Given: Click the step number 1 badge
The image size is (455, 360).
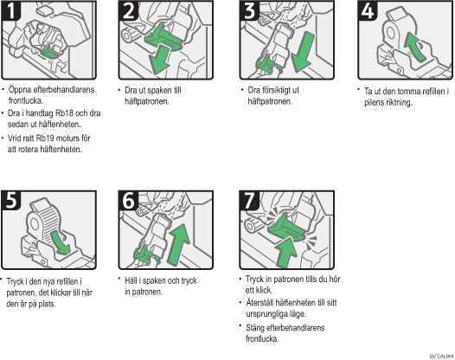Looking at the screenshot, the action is (11, 10).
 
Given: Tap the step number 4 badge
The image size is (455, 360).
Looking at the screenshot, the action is (368, 10).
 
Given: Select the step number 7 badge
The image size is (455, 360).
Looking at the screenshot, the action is (249, 201).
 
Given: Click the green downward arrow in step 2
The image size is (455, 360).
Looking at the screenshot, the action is (160, 61).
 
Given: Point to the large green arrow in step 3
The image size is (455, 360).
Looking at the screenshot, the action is (303, 52).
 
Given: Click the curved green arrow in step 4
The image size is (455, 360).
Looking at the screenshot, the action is (414, 47).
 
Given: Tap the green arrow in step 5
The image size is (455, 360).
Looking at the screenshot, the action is (60, 242).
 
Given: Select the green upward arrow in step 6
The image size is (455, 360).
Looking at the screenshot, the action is (179, 244).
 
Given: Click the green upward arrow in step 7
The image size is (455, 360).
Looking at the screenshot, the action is (286, 252).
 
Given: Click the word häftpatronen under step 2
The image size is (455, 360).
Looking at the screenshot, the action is (147, 101).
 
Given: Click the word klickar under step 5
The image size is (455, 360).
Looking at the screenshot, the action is (62, 292).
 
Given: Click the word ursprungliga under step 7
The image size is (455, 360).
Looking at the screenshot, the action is (265, 314).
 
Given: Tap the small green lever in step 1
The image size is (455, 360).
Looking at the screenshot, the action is (49, 52).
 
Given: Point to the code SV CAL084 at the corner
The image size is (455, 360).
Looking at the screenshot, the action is (442, 356).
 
